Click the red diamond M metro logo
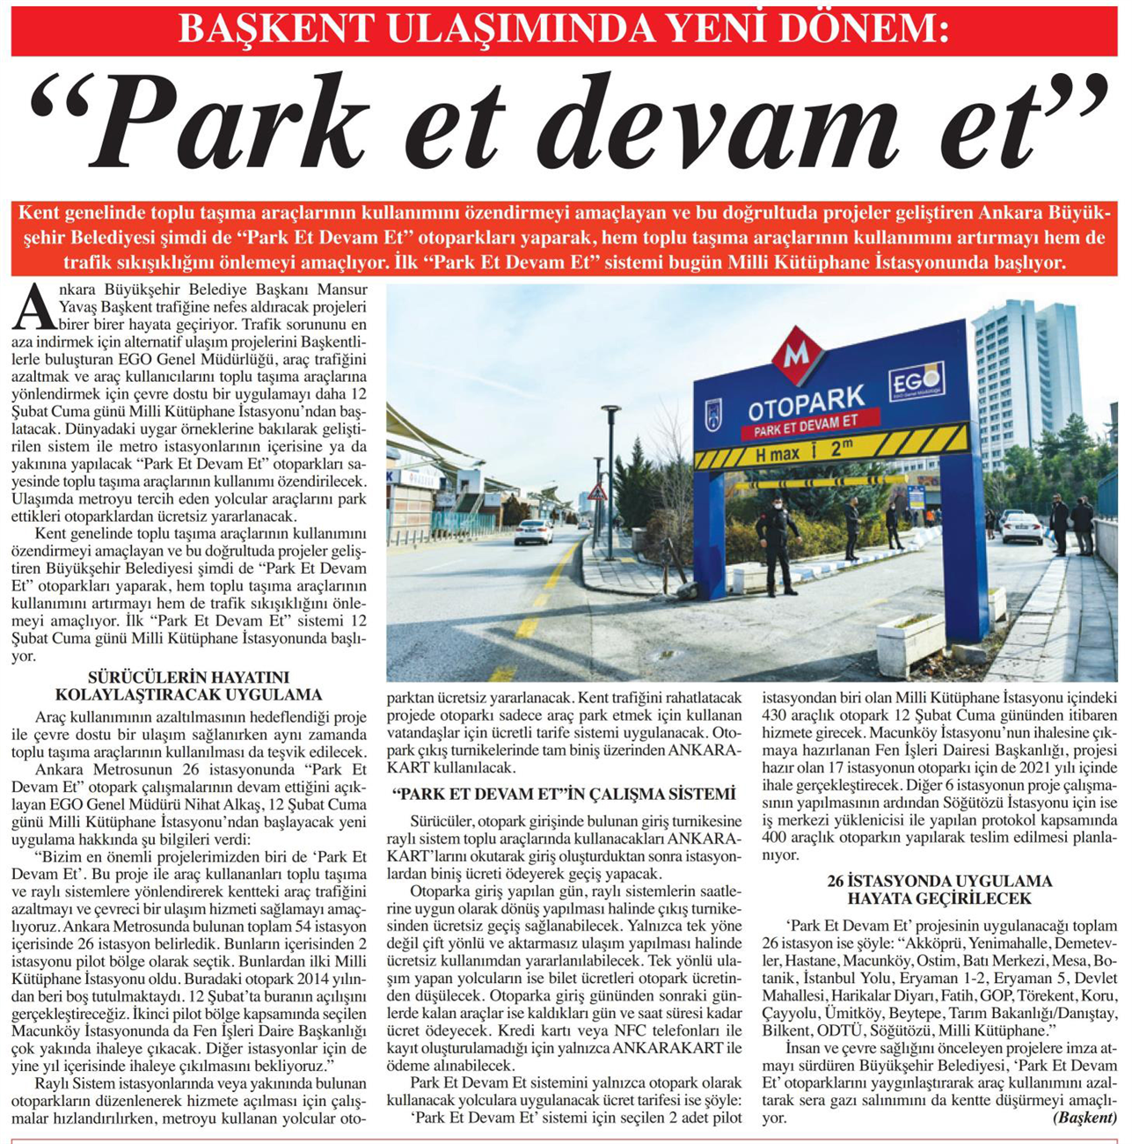coord(797,354)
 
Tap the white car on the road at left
coord(534,532)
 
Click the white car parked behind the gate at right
coord(1021,526)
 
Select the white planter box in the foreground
coord(910,642)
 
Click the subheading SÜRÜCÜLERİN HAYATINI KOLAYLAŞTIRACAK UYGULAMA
coord(189,686)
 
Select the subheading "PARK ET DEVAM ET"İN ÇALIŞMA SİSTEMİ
coord(565,794)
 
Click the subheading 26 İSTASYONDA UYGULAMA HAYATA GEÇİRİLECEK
coord(938,890)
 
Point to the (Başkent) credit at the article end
coord(1085,1118)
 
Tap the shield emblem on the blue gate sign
coord(712,414)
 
